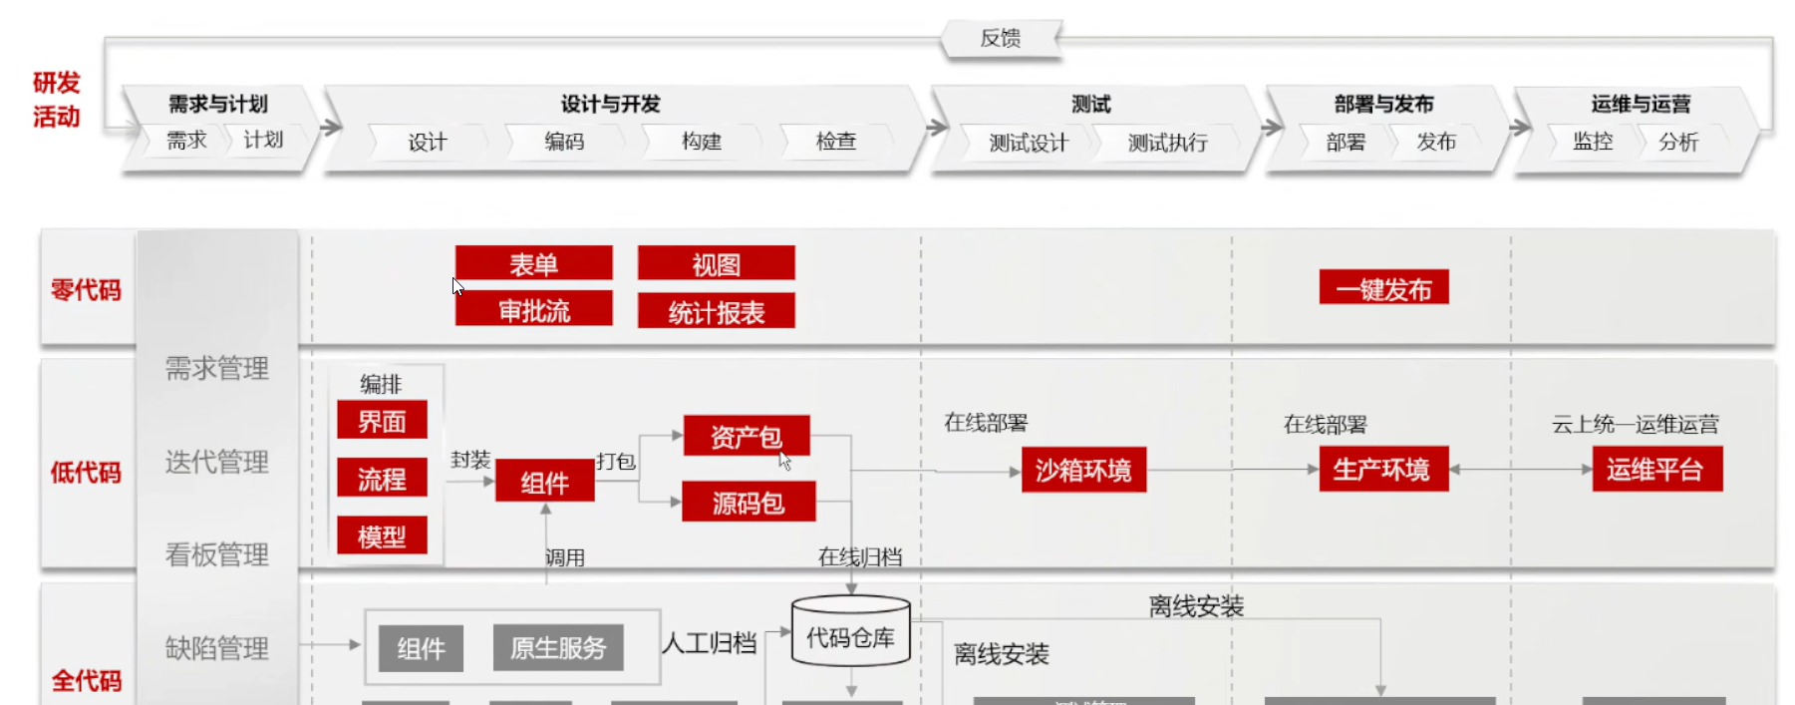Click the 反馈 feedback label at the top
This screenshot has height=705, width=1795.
point(1000,39)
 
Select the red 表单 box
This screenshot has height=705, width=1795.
point(533,264)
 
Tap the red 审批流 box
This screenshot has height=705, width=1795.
point(533,310)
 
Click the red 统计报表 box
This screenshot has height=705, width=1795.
point(716,312)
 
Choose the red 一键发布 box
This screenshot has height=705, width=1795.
point(1383,289)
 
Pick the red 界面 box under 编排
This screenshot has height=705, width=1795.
point(382,422)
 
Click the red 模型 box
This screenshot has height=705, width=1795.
point(382,536)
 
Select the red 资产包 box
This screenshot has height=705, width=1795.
point(746,437)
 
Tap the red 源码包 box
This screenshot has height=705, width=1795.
point(748,503)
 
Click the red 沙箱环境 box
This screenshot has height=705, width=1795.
point(1083,470)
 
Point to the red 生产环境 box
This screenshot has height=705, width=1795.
point(1381,470)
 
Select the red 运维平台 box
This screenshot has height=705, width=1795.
point(1655,470)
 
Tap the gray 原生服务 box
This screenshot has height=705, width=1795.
point(558,648)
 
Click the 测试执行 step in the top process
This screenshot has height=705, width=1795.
point(1167,143)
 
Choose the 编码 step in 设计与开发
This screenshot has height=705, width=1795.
point(564,142)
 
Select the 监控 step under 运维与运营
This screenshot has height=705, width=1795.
point(1592,142)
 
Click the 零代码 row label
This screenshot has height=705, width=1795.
point(86,290)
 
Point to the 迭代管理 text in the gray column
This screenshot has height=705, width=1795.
point(216,462)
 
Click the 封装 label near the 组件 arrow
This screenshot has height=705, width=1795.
point(469,460)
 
